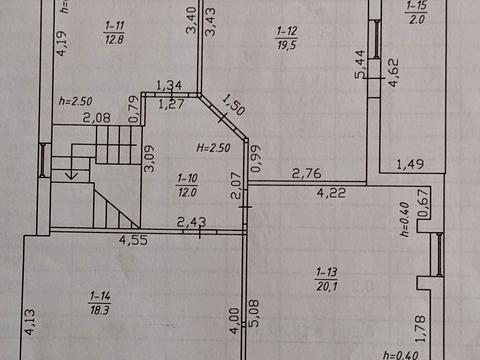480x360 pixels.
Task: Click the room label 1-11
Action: (x=114, y=25)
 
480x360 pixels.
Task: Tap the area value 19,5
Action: (x=287, y=45)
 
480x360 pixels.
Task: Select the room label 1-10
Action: (x=187, y=178)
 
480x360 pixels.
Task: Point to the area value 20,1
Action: (x=327, y=286)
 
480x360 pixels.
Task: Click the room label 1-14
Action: (x=100, y=296)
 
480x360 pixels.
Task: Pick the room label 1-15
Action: (x=416, y=6)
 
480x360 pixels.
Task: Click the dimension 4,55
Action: (x=133, y=240)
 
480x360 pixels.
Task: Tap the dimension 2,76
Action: (x=307, y=173)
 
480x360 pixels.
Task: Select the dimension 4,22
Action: (x=331, y=193)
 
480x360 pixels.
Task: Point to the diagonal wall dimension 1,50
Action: (x=234, y=105)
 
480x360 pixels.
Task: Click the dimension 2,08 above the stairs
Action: (x=96, y=118)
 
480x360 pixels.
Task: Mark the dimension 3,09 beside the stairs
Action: (x=149, y=158)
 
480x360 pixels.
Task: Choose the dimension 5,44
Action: (x=360, y=64)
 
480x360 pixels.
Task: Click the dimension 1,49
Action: (x=410, y=164)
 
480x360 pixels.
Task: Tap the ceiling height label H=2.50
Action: (x=213, y=148)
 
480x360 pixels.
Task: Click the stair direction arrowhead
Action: (x=71, y=175)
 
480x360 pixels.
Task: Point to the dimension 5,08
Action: (x=254, y=313)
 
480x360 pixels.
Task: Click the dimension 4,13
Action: (x=29, y=322)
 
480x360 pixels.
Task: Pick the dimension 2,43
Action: (x=191, y=222)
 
